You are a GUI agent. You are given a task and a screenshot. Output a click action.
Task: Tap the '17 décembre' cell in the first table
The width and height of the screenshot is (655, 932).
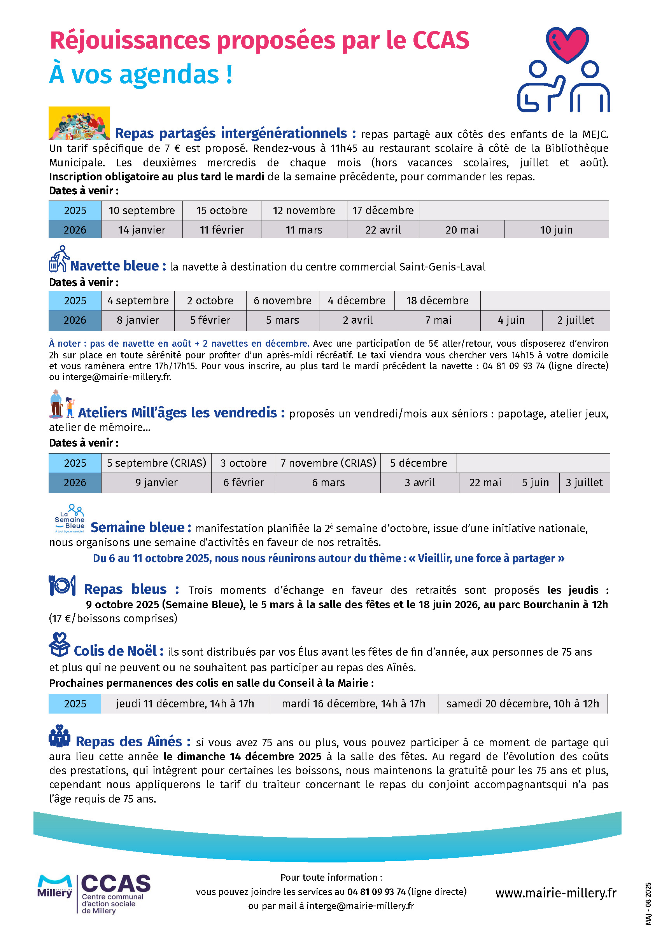click(x=383, y=210)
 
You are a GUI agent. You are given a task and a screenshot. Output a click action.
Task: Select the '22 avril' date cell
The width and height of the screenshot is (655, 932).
click(x=383, y=230)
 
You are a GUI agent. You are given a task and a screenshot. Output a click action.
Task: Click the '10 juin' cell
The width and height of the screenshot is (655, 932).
click(x=556, y=230)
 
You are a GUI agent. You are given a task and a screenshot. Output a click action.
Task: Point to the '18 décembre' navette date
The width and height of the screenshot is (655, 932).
click(x=437, y=300)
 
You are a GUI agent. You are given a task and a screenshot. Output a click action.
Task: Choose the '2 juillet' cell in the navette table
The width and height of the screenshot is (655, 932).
click(x=575, y=320)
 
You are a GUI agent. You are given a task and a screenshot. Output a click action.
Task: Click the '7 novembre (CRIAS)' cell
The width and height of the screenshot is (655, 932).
click(x=328, y=463)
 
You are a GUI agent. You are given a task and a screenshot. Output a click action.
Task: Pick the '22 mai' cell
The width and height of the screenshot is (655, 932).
click(x=485, y=483)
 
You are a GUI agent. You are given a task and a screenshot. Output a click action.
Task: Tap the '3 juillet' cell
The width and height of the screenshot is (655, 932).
click(x=584, y=483)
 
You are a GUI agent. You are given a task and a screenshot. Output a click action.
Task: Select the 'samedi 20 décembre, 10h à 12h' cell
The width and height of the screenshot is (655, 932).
click(x=522, y=703)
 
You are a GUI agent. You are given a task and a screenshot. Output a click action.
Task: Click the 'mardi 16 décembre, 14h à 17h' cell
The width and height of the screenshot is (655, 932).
click(x=353, y=703)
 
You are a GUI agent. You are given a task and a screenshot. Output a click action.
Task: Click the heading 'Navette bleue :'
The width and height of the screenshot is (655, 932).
click(x=118, y=266)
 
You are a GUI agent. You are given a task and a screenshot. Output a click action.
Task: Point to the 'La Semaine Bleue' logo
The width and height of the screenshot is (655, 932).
click(x=70, y=518)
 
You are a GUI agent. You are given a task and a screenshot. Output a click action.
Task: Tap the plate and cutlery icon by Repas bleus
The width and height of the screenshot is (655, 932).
click(x=62, y=585)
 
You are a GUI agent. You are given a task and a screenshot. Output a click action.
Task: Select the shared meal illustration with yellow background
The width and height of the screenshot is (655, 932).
click(x=79, y=123)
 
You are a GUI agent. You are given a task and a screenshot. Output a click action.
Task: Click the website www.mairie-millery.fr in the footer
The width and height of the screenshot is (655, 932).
click(x=555, y=893)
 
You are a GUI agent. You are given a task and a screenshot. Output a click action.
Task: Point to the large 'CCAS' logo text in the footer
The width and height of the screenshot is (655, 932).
click(x=116, y=883)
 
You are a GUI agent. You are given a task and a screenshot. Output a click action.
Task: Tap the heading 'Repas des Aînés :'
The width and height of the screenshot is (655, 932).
click(x=133, y=741)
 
